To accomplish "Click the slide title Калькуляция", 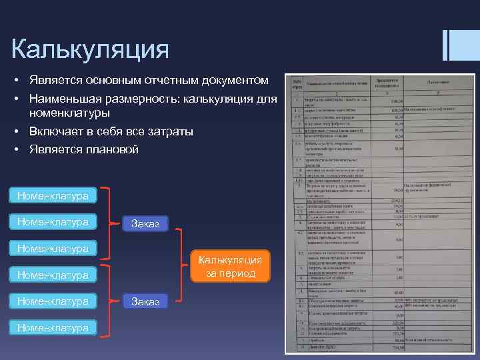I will (90, 49).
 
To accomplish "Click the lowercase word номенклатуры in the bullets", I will (69, 113).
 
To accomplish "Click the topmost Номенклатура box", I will (53, 196).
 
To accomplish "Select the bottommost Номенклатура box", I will (53, 327).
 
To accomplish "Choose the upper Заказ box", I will (145, 222).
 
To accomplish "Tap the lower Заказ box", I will (145, 301).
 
